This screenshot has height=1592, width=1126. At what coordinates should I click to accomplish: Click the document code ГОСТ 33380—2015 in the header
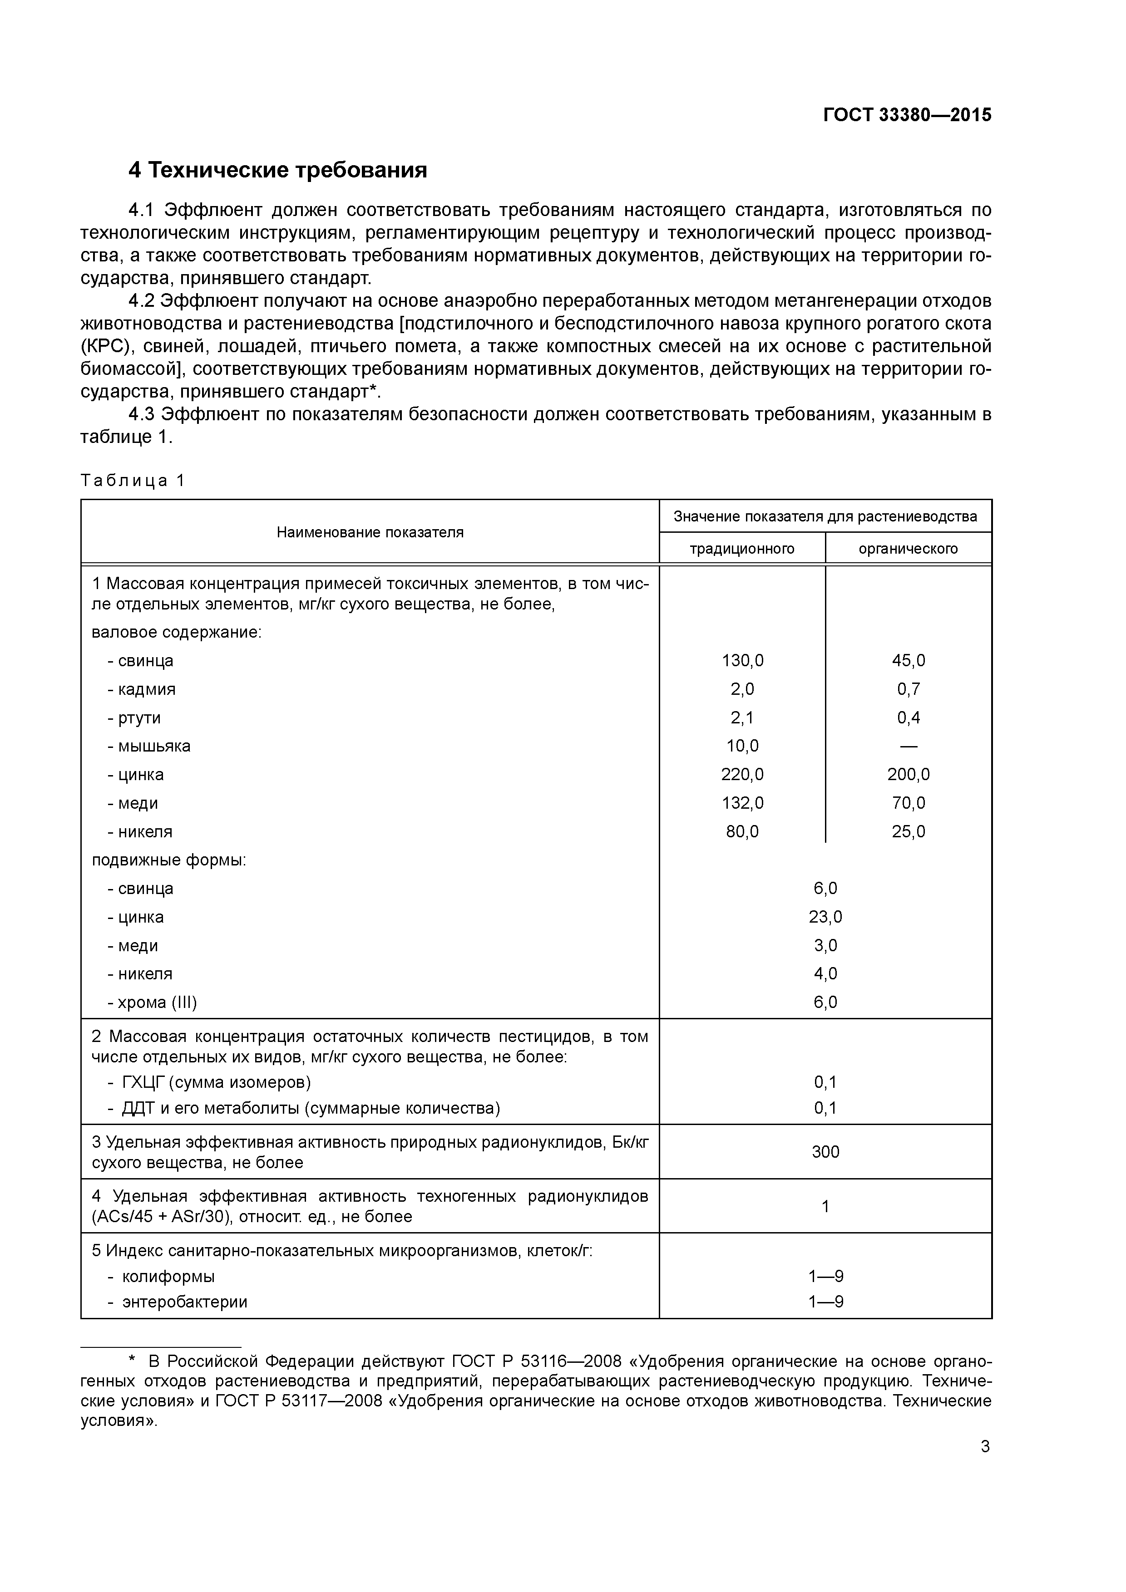tap(907, 115)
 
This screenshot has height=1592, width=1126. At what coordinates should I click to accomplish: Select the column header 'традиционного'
tap(741, 549)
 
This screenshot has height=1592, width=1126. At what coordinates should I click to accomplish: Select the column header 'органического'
tap(908, 549)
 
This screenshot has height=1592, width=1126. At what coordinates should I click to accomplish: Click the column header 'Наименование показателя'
tap(370, 532)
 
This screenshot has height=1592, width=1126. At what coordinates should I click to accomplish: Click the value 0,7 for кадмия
tap(908, 689)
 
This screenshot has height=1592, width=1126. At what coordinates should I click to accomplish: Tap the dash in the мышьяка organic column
tap(908, 746)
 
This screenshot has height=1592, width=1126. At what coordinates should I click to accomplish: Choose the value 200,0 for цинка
tap(908, 775)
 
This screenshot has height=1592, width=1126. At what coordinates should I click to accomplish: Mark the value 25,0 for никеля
tap(908, 831)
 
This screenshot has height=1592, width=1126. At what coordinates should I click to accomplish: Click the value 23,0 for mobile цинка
tap(825, 917)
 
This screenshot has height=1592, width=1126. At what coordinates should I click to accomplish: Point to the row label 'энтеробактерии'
tap(184, 1302)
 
